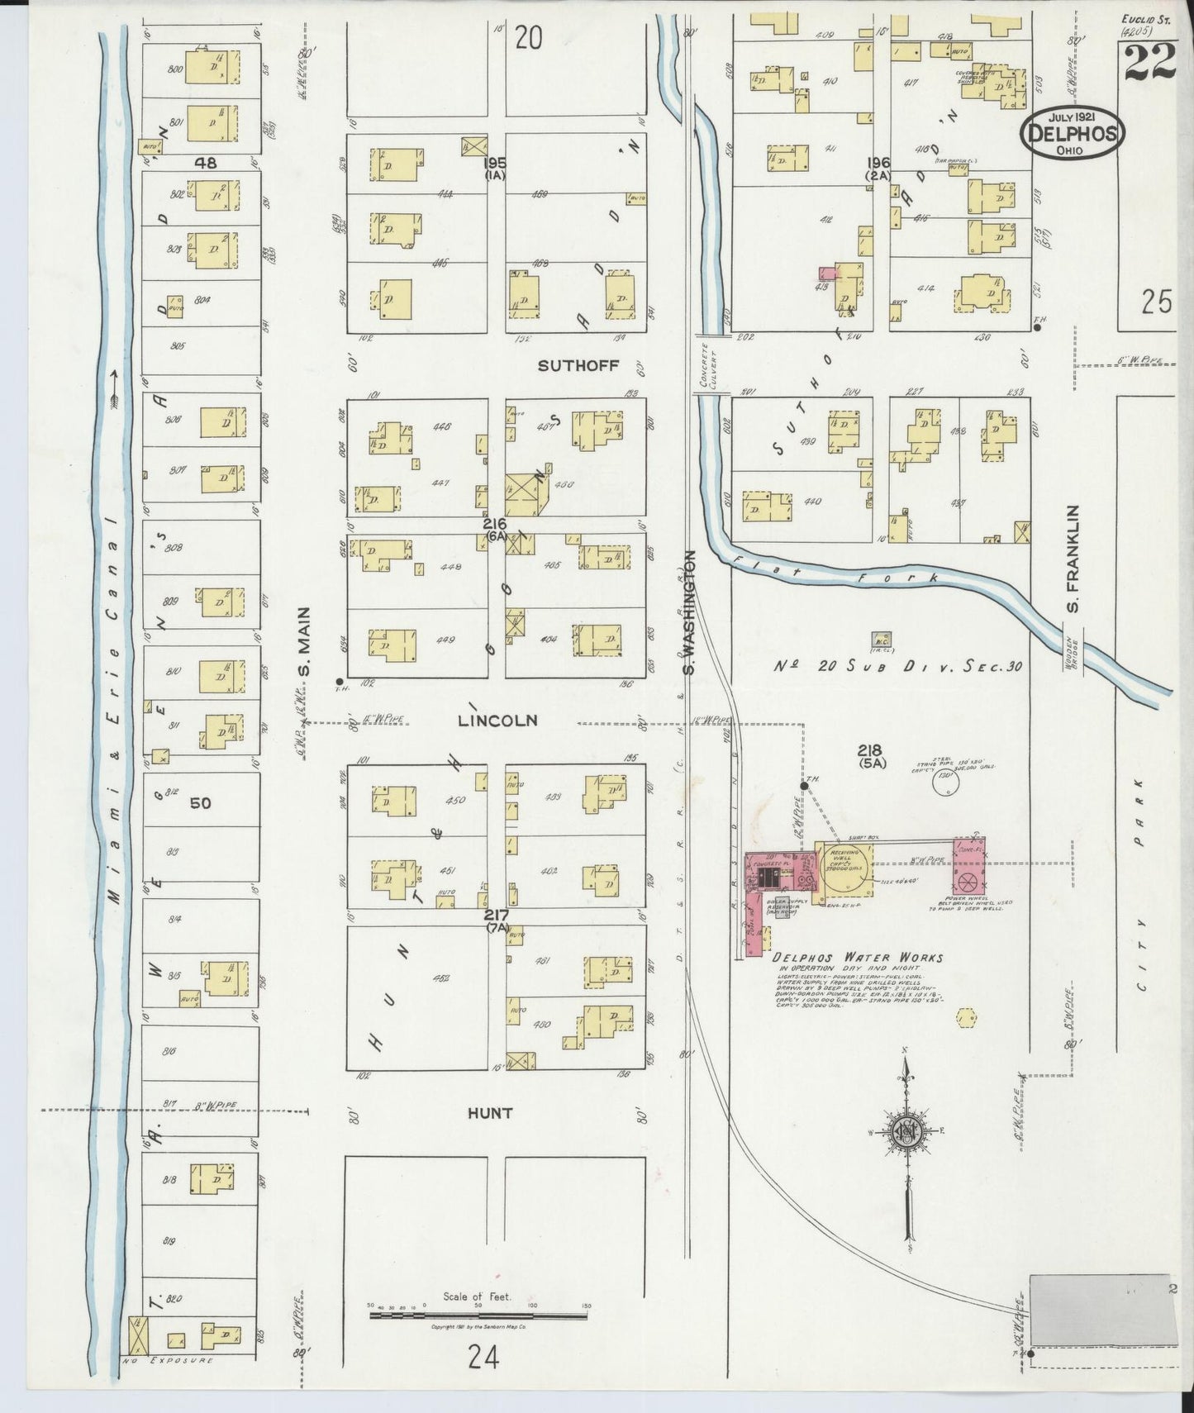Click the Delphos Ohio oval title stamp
pyautogui.click(x=1073, y=132)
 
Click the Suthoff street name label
pyautogui.click(x=578, y=365)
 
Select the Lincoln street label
pyautogui.click(x=497, y=721)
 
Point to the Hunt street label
pyautogui.click(x=492, y=1113)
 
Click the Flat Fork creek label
pyautogui.click(x=835, y=573)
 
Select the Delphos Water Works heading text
pyautogui.click(x=857, y=958)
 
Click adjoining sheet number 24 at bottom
pyautogui.click(x=483, y=1357)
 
